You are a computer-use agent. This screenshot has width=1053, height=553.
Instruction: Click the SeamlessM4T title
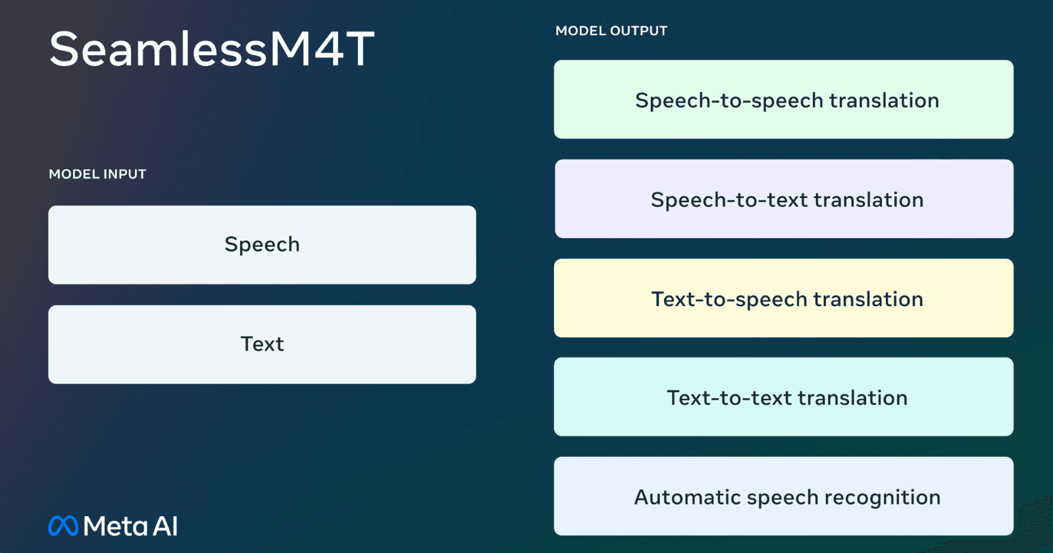coord(211,49)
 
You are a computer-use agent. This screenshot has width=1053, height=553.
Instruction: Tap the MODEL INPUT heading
coord(97,174)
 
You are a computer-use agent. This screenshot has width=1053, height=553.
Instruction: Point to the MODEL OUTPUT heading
coord(611,31)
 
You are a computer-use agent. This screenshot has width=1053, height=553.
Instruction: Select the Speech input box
coord(262,245)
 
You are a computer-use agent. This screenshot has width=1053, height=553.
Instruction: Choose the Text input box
coord(262,344)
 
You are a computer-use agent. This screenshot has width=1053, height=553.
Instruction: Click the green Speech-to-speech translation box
coord(783,99)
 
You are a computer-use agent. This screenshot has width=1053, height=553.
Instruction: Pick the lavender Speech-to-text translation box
coord(783,199)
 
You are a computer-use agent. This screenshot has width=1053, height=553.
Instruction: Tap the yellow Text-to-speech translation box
coord(783,298)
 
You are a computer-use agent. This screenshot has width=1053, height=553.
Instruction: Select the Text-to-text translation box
coord(783,397)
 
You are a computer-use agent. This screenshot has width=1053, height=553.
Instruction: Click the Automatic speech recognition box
coord(783,496)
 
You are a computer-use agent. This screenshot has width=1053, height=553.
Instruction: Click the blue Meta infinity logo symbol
coord(63,526)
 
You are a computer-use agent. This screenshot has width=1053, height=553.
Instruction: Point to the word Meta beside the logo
coord(115,527)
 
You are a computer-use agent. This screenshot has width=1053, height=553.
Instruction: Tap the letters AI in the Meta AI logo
coord(165,527)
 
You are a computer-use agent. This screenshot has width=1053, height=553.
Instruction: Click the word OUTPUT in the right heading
coord(638,31)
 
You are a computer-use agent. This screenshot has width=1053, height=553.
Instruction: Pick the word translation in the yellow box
coord(868,300)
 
